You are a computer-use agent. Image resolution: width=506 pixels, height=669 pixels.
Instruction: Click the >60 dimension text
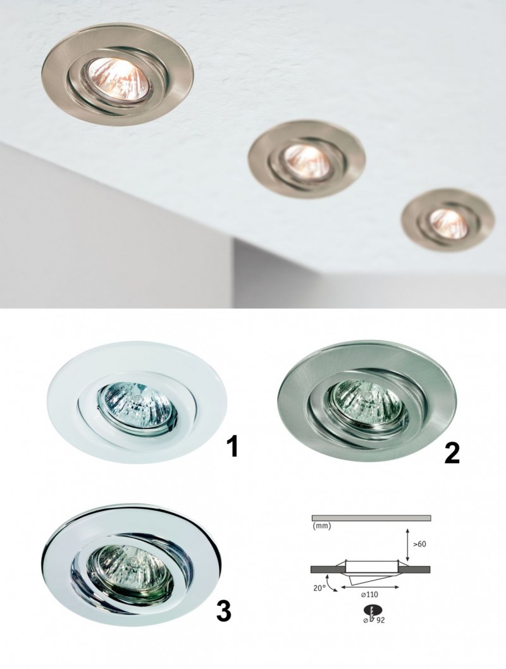point(419,544)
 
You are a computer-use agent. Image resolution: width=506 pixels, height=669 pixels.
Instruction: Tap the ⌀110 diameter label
point(370,594)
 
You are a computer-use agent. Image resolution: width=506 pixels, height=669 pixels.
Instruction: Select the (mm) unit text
point(322,526)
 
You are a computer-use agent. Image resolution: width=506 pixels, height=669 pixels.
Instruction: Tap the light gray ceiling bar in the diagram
point(371,518)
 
